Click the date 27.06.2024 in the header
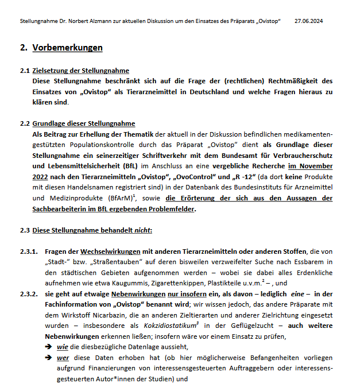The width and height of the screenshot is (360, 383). [x=308, y=21]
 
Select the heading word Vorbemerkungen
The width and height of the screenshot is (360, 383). [x=68, y=48]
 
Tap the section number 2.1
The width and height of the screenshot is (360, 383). [x=24, y=71]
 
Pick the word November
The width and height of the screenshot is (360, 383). [x=315, y=166]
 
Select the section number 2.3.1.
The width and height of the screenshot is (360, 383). [x=28, y=251]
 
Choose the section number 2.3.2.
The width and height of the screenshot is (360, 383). [x=28, y=293]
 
